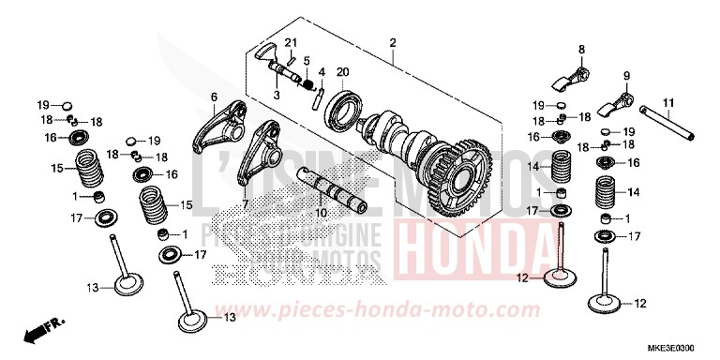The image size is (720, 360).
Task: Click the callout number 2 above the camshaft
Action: coord(393,44)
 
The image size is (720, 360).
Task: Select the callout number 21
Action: coord(291,44)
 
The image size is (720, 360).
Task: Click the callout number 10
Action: coord(306,61)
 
